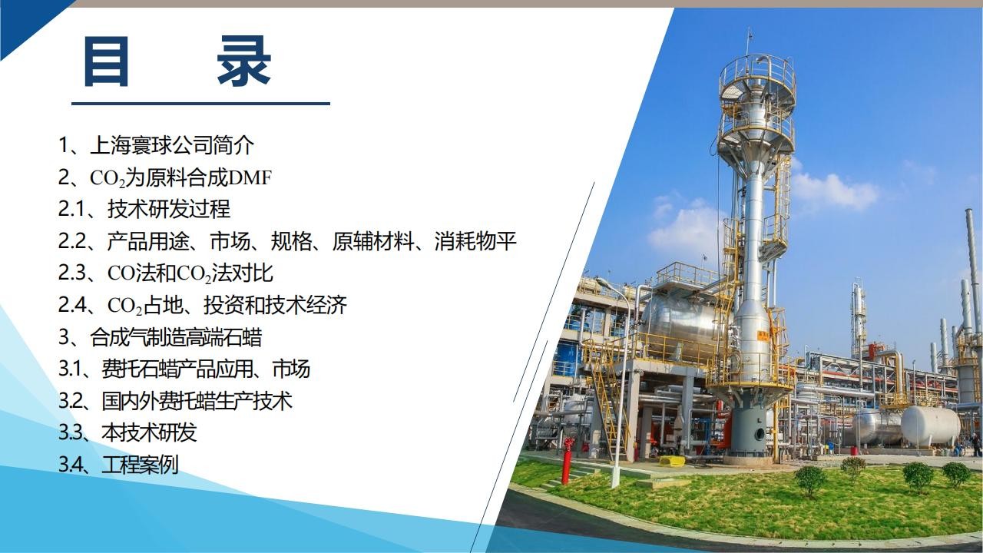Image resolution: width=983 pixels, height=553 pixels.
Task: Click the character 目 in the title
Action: [106, 61]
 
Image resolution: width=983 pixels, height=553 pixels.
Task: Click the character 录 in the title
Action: [244, 61]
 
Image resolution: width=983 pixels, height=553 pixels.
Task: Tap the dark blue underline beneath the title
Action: [200, 104]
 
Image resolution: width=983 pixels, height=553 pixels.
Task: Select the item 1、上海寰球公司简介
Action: [156, 145]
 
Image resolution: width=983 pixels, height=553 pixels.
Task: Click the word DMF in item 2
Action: [250, 177]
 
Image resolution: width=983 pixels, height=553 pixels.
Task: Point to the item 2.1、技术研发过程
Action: [144, 209]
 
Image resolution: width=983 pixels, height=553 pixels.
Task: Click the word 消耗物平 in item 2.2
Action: [475, 241]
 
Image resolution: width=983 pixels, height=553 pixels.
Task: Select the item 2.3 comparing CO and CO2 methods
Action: [166, 273]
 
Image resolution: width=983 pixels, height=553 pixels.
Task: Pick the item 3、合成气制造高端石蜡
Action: [161, 337]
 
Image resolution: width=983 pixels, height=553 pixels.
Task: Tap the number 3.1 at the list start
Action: [70, 369]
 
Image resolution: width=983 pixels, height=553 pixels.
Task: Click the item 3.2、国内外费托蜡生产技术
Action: [175, 401]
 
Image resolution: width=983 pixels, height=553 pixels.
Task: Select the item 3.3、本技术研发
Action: [127, 432]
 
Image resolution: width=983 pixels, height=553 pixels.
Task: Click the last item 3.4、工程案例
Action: [118, 465]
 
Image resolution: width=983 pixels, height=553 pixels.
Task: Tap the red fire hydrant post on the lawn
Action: [568, 460]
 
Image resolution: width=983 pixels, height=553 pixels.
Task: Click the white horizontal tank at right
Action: [930, 426]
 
